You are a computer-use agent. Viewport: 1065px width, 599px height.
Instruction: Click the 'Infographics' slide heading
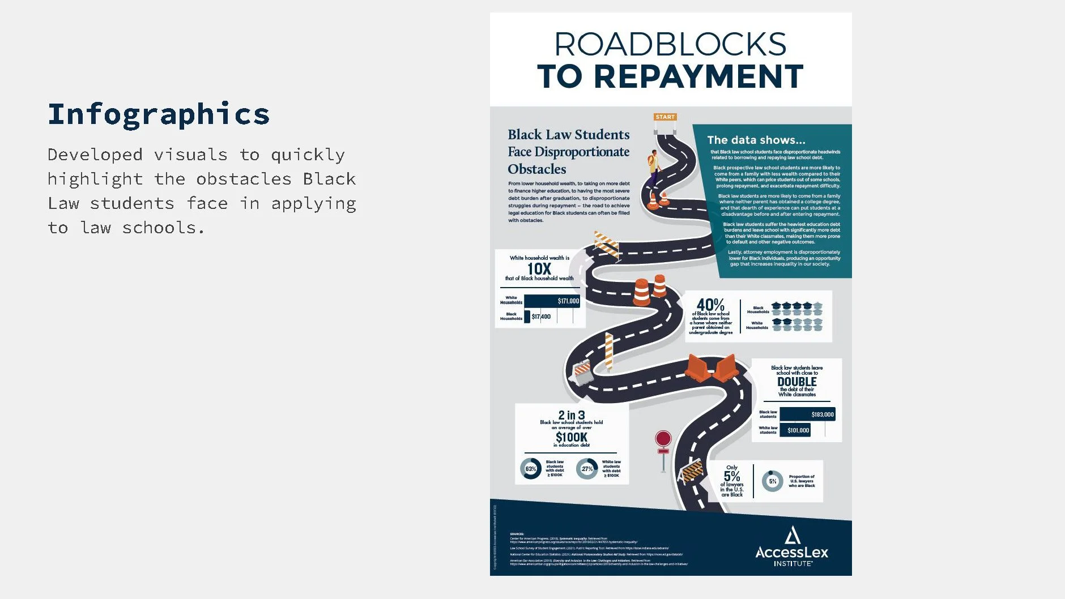coord(159,114)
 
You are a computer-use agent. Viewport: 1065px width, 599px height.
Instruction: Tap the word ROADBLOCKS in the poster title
coord(670,44)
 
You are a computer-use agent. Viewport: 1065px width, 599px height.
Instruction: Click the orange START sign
coord(665,117)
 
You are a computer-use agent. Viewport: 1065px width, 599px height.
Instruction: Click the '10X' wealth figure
coord(539,268)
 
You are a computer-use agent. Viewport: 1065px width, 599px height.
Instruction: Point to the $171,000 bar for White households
coord(552,301)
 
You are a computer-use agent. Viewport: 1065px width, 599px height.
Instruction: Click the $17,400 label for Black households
coord(541,316)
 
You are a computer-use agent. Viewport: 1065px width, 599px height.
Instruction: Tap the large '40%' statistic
coord(710,305)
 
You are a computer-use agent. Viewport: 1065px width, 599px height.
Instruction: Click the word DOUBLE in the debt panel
coord(796,382)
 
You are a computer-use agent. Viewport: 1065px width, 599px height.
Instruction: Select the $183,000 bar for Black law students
coord(807,414)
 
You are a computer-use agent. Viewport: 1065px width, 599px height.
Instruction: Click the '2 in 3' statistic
coord(572,415)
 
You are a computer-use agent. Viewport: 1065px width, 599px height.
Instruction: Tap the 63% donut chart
coord(531,469)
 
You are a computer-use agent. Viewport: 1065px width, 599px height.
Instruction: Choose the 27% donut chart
coord(587,469)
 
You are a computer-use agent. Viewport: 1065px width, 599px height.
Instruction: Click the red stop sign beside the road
coord(663,439)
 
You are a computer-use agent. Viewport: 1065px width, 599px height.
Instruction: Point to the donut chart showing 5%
coord(772,481)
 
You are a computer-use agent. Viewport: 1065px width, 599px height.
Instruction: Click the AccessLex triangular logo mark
coord(793,534)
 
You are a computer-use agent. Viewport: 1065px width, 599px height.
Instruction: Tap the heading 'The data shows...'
coord(756,140)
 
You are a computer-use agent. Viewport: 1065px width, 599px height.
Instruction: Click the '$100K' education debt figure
coord(572,437)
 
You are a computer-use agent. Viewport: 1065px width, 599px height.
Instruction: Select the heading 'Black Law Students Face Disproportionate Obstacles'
coord(568,152)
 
